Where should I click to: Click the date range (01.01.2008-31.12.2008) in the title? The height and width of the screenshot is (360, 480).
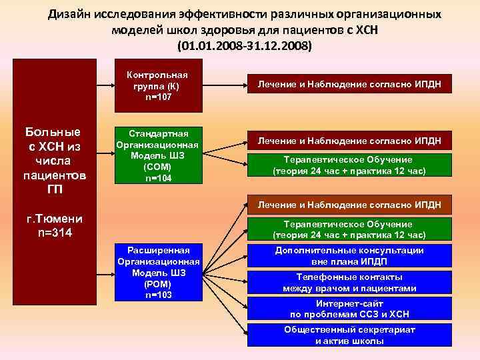[x=243, y=47]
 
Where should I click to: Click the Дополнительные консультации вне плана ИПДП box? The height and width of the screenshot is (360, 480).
[x=349, y=256]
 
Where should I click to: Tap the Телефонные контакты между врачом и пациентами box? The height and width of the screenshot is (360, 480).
[x=349, y=283]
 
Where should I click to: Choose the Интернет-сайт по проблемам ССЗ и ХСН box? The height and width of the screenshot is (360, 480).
[x=349, y=309]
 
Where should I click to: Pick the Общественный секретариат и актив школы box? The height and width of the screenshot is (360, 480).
[x=349, y=335]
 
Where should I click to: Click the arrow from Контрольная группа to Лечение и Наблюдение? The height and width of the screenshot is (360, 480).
[x=224, y=85]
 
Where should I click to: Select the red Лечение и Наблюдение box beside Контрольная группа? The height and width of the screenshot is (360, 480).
[x=349, y=85]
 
